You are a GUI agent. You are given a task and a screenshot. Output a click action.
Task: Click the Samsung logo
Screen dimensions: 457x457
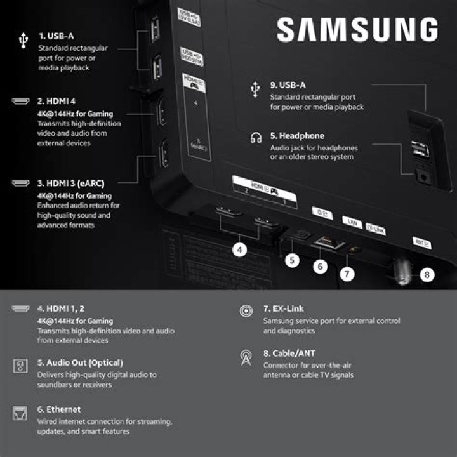357,30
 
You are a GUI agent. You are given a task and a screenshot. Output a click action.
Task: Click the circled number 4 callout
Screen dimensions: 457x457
239,250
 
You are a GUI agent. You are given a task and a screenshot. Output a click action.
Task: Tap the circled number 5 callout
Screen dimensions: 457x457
291,259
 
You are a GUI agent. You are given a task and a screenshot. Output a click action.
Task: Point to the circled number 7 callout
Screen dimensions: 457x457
347,274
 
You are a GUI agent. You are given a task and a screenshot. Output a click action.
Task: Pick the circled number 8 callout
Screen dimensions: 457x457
427,275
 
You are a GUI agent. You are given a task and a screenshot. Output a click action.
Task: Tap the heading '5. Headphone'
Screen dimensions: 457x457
297,136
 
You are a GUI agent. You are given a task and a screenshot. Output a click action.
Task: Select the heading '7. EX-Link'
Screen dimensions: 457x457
283,309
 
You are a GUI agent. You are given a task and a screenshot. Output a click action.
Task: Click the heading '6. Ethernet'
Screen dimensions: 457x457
59,409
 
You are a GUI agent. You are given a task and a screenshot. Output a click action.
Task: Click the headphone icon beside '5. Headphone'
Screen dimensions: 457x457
256,137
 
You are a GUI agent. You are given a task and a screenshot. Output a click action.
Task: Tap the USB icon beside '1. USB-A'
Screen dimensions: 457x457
23,41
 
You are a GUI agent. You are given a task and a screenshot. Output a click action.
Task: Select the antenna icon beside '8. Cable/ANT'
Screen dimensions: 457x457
245,358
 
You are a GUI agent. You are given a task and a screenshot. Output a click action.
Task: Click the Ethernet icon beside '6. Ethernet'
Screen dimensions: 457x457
20,414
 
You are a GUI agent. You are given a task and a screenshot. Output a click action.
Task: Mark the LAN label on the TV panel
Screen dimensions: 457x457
350,222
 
